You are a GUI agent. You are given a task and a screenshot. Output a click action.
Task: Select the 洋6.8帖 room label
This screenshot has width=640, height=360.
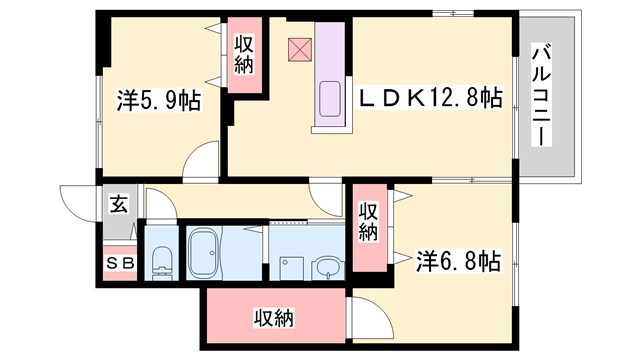coord(457,261)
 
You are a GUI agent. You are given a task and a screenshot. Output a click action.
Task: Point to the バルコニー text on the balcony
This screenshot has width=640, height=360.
coord(544,95)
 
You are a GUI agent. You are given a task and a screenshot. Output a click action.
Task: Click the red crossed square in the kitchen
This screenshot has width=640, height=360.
coord(299,48)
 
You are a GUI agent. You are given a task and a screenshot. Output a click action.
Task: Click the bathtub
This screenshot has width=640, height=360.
coord(207,254)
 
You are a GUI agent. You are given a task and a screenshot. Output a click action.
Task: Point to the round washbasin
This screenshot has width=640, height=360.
coord(326,267)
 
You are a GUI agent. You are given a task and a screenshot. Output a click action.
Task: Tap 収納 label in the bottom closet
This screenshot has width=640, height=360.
coord(272,319)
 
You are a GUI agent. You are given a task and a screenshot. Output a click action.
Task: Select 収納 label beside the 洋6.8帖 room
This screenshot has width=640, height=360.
coord(368,222)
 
